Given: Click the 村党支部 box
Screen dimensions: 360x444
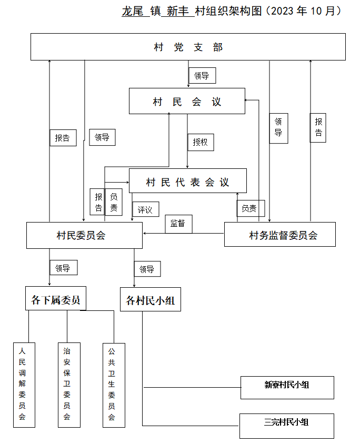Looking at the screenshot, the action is pos(188,47).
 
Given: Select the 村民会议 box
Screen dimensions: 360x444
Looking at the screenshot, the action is pos(187,101).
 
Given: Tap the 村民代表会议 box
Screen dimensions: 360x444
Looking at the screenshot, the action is pos(188,181).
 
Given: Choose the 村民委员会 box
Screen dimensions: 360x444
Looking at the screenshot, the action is pos(84,235).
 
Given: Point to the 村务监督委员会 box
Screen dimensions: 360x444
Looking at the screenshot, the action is pos(280,234).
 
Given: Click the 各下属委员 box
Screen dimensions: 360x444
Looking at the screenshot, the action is pos(56,298).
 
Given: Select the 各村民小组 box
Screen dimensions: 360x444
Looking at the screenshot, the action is pos(151,299).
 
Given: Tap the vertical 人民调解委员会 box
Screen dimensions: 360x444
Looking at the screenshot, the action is pos(24,385).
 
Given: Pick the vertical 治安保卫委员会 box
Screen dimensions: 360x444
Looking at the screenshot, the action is pos(69,385).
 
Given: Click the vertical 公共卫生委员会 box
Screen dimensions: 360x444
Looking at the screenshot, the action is pos(114,385).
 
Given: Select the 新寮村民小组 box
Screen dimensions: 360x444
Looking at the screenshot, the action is pos(287,388).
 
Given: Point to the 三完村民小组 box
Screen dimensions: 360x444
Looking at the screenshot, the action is pos(287,426).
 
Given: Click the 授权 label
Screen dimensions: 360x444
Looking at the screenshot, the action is pos(201,142).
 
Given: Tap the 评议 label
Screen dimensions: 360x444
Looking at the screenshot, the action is pos(146,209).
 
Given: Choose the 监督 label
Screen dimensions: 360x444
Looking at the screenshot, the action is pos(178,224).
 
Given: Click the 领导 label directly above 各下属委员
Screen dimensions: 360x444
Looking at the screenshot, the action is pos(64,268).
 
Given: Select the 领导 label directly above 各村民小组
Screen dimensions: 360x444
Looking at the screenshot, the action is pos(147,269).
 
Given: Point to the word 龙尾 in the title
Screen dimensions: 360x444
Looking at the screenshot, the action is pos(133,12).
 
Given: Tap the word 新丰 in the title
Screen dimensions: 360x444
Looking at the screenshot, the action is pos(177,12).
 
